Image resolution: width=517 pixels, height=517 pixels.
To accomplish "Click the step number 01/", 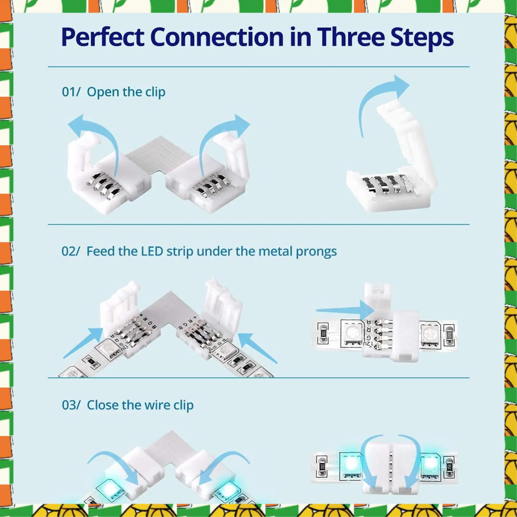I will coord(71,92).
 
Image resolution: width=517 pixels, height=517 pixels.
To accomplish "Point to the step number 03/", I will coord(71,405).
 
